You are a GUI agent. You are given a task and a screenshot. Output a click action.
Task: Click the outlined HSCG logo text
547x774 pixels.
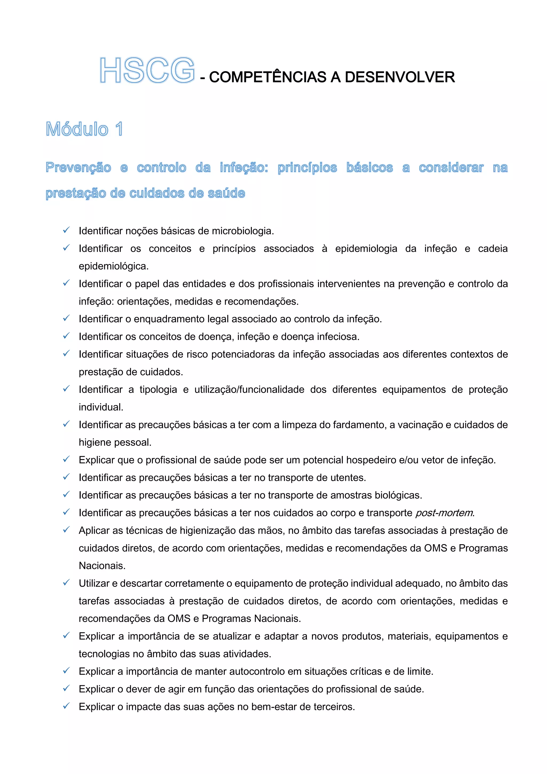[147, 71]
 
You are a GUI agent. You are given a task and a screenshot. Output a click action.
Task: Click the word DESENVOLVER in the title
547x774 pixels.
[400, 77]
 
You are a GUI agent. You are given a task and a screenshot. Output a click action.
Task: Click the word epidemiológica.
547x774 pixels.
[114, 266]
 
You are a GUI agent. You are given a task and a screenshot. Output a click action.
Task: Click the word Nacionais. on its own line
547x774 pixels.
[102, 566]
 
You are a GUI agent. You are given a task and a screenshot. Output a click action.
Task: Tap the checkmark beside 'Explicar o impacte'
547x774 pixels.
[66, 706]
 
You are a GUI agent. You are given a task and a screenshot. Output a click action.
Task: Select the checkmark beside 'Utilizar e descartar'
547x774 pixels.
[66, 583]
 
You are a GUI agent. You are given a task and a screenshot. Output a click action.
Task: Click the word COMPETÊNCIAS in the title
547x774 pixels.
[268, 77]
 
